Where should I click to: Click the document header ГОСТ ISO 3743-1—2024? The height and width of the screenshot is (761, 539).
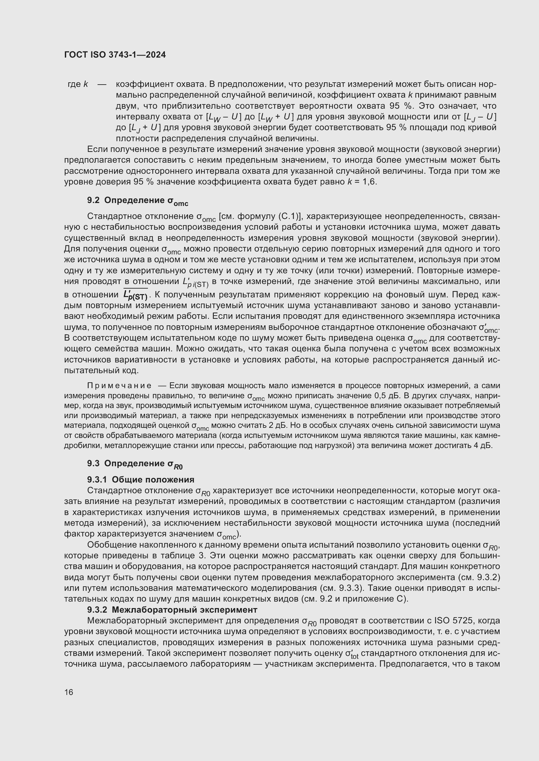click(115, 55)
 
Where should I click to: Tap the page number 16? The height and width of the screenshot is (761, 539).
click(69, 692)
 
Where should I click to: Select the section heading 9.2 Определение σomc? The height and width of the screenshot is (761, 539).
click(138, 201)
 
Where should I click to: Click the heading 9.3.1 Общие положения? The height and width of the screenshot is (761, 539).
click(141, 480)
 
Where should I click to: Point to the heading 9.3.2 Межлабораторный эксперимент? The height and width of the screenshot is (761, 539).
click(172, 610)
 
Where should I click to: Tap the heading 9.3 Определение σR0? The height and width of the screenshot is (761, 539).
click(135, 464)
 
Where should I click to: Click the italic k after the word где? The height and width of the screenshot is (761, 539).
click(86, 84)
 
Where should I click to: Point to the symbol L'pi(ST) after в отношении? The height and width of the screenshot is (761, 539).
click(195, 283)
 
